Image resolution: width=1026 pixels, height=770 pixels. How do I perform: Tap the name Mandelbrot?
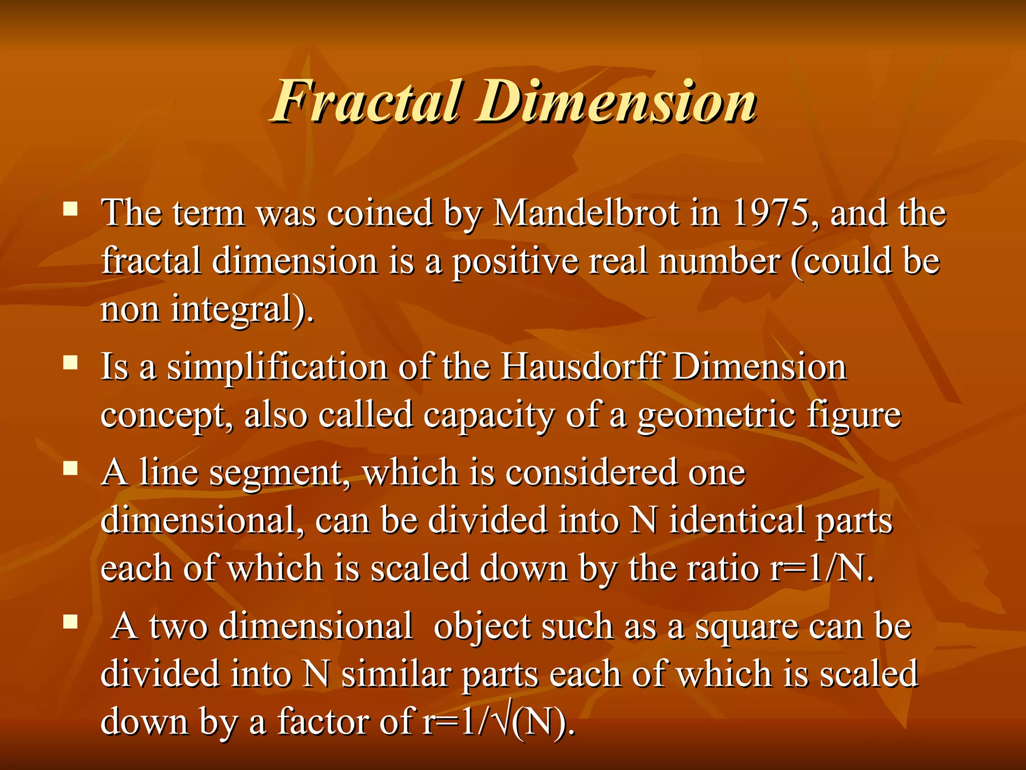pyautogui.click(x=587, y=214)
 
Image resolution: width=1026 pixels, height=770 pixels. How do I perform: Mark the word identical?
pyautogui.click(x=736, y=520)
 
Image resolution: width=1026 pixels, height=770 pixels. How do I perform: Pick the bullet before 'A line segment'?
pyautogui.click(x=71, y=468)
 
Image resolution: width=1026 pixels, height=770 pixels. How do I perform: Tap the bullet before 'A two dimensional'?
pyautogui.click(x=71, y=622)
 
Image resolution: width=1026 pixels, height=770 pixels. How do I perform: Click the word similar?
pyautogui.click(x=396, y=674)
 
